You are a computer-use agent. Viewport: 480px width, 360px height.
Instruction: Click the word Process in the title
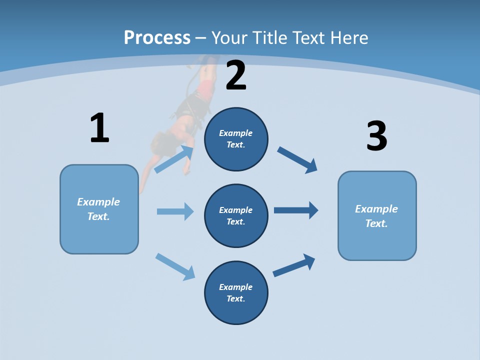pyautogui.click(x=157, y=37)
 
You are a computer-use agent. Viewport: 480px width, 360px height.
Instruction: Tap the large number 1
pyautogui.click(x=99, y=128)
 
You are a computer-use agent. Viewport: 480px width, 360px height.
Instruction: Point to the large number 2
pyautogui.click(x=236, y=75)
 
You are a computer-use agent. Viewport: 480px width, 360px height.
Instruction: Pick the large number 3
pyautogui.click(x=376, y=136)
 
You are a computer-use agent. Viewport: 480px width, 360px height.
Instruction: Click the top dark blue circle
pyautogui.click(x=236, y=139)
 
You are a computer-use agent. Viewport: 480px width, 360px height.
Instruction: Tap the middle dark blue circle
pyautogui.click(x=236, y=216)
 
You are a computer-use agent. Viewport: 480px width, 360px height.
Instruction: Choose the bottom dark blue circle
pyautogui.click(x=236, y=293)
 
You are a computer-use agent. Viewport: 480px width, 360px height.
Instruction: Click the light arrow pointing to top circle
pyautogui.click(x=174, y=159)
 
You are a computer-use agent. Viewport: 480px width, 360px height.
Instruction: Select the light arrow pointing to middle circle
pyautogui.click(x=175, y=211)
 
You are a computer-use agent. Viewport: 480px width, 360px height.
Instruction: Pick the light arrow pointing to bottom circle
pyautogui.click(x=175, y=266)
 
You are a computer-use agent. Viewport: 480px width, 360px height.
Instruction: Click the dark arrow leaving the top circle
pyautogui.click(x=297, y=160)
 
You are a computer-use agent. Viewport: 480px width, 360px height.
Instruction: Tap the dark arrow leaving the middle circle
pyautogui.click(x=296, y=210)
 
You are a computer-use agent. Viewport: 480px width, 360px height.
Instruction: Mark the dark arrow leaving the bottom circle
pyautogui.click(x=294, y=265)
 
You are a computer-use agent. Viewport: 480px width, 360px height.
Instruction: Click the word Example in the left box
pyautogui.click(x=98, y=202)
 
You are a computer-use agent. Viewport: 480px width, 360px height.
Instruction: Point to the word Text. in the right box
pyautogui.click(x=376, y=223)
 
